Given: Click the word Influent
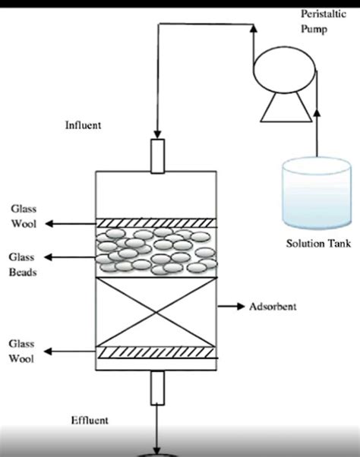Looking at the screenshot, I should tap(83, 124).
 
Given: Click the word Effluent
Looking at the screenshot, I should tap(90, 420).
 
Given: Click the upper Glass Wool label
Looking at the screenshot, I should tap(22, 216).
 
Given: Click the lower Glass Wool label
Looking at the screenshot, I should tap(22, 351).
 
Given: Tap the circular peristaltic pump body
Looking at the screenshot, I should tap(279, 71).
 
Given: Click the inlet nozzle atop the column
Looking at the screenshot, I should tap(157, 155).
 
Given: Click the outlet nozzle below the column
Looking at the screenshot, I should tap(157, 387).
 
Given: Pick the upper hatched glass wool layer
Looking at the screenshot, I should tap(156, 223).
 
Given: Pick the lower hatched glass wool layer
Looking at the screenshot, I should tap(156, 352).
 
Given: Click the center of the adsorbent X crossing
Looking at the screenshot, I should tap(156, 312).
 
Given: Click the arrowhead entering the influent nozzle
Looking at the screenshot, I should tap(157, 134).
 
